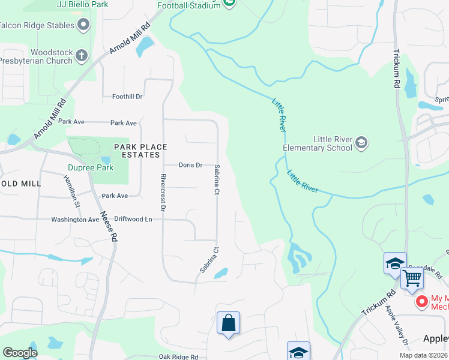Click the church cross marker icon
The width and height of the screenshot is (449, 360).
[x=82, y=56]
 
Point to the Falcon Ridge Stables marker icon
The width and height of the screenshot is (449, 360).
[x=83, y=25]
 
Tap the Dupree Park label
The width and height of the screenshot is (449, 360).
[x=91, y=169]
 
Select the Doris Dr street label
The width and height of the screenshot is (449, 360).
[x=191, y=165]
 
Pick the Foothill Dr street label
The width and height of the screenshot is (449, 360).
[x=127, y=96]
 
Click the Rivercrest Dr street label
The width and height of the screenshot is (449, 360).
[x=163, y=193]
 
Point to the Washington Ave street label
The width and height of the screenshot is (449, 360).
[x=75, y=220]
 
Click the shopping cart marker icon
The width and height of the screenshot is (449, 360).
[x=412, y=278]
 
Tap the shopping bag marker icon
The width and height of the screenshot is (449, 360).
[x=228, y=323]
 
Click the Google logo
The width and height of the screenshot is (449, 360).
[x=20, y=353]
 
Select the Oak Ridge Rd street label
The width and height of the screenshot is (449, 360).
[x=178, y=357]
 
